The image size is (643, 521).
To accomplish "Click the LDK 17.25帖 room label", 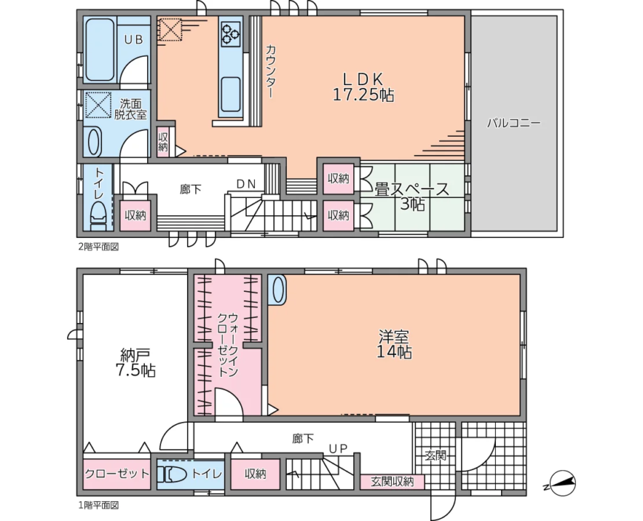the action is tap(363, 87).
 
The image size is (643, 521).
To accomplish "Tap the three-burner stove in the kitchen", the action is tap(230, 33).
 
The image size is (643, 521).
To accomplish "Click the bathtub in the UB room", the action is tap(99, 50).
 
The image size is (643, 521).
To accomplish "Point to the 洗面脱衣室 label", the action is tap(130, 109).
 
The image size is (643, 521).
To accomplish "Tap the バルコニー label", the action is tap(514, 123).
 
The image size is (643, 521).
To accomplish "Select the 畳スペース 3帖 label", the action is tap(412, 197).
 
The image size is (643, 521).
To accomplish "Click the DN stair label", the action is tap(245, 184).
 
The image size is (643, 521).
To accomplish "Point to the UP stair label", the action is tap(338, 448).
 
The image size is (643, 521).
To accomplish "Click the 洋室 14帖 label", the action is tap(394, 344).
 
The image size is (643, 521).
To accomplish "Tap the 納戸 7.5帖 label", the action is tap(135, 362).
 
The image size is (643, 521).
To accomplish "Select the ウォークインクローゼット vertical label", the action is tap(228, 344).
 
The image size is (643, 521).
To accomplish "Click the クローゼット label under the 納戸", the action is tap(117, 474).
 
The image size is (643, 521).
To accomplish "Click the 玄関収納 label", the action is tap(392, 482).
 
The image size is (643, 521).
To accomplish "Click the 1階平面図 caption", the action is tap(98, 505).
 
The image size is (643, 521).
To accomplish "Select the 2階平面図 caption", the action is tap(98, 247).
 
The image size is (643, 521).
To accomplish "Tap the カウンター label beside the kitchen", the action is tap(271, 71).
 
